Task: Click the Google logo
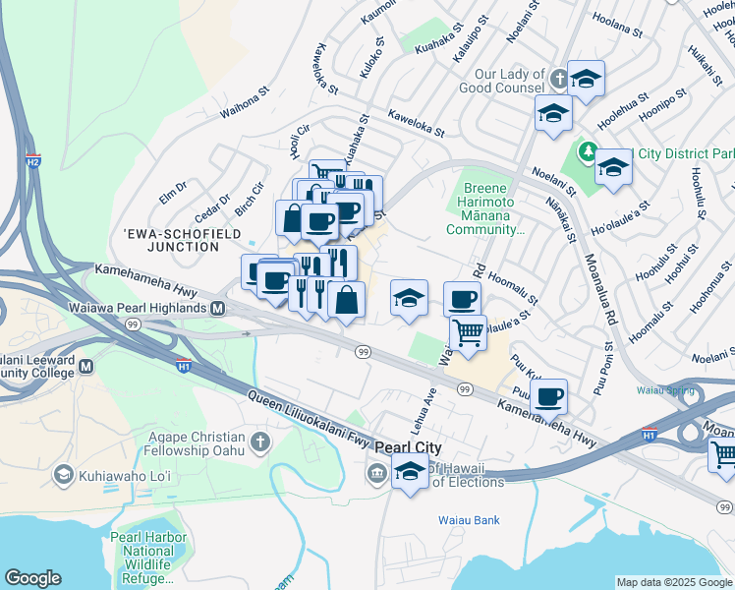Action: (x=32, y=578)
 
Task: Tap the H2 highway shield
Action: (x=32, y=161)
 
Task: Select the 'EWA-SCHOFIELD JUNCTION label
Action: (x=171, y=240)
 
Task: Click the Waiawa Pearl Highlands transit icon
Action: (x=219, y=308)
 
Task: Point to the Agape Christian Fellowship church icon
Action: (x=259, y=439)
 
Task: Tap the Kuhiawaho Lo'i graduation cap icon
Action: (x=64, y=476)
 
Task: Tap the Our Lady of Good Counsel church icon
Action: (x=557, y=79)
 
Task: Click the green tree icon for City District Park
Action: (x=588, y=152)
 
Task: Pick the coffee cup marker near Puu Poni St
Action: (x=548, y=395)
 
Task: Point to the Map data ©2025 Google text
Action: (x=674, y=582)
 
